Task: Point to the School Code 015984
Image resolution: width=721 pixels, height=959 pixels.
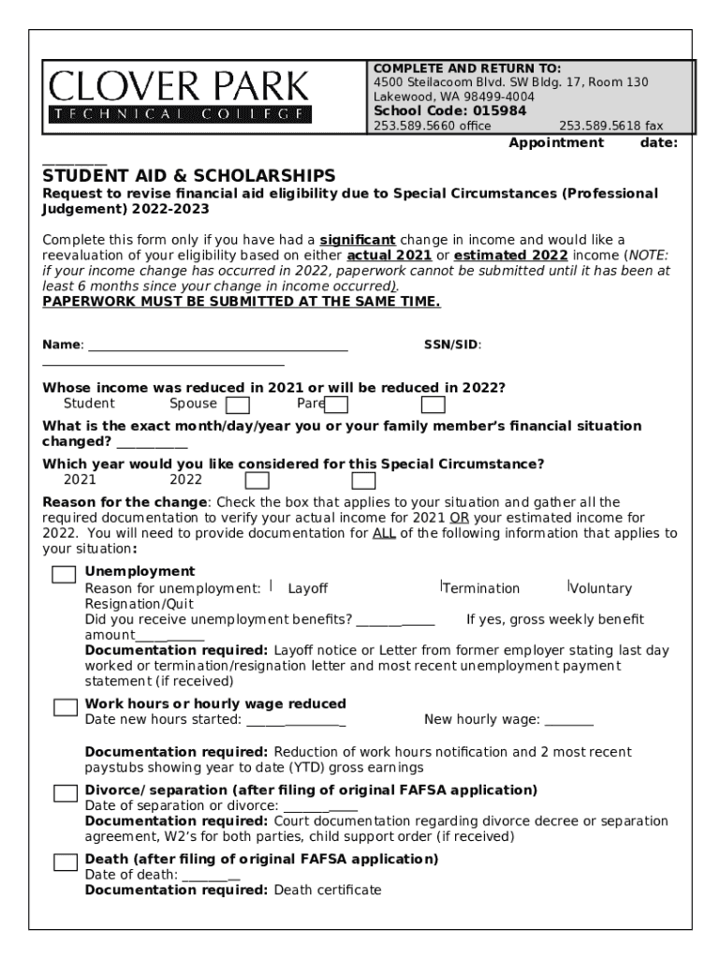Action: tap(449, 111)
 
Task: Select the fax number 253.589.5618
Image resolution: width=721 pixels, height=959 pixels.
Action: tap(611, 125)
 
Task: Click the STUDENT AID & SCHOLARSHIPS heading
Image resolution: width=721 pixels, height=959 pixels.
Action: tap(188, 176)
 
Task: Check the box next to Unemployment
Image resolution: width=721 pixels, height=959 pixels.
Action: tap(64, 575)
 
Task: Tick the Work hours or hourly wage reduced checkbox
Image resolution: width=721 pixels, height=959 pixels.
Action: tap(66, 707)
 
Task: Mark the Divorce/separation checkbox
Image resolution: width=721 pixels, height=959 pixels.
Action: tap(66, 793)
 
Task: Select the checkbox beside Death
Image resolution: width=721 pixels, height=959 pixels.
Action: tap(66, 863)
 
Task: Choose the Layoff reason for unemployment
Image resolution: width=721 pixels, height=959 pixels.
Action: tap(307, 588)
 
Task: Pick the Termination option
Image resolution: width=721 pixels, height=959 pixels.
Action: tap(480, 588)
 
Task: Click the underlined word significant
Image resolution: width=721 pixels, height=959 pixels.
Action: tap(358, 240)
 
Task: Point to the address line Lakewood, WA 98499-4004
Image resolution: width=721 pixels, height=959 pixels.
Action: tap(454, 96)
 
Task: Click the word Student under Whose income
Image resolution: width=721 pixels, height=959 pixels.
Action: tap(89, 404)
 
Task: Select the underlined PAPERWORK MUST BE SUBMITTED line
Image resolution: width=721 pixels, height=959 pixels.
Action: tap(241, 302)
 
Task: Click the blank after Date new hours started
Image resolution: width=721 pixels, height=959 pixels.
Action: tap(296, 721)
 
